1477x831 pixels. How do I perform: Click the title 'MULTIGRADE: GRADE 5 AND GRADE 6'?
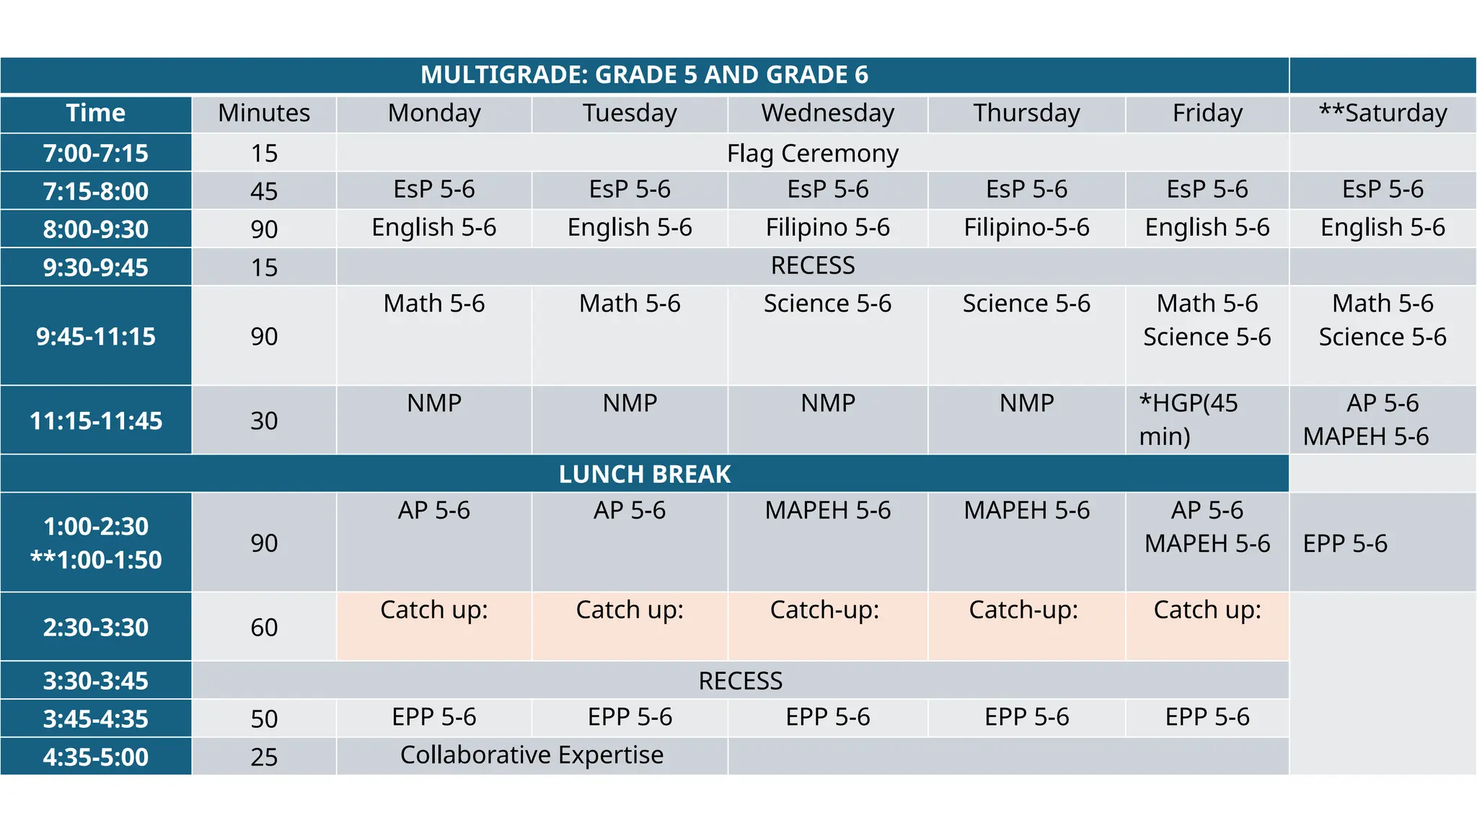point(644,75)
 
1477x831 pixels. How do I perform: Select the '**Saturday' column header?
point(1383,113)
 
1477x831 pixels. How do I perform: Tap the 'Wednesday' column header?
point(827,113)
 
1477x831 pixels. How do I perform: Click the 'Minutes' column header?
point(264,113)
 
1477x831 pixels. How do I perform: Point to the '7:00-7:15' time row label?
point(96,153)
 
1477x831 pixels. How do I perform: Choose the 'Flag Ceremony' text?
point(812,153)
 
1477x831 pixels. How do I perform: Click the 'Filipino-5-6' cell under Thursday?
point(1026,228)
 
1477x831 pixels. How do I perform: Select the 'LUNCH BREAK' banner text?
point(644,474)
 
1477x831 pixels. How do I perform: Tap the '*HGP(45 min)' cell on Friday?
point(1188,419)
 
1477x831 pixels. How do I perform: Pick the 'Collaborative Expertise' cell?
point(532,755)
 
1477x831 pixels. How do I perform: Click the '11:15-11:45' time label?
point(96,421)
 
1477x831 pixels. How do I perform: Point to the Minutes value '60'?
point(264,627)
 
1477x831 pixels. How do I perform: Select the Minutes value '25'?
point(264,757)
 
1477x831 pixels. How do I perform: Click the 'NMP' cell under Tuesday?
point(630,403)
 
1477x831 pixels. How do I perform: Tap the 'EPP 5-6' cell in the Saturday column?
point(1345,543)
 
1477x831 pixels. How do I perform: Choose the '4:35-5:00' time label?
point(96,757)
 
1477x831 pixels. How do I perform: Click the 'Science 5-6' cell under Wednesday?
point(827,304)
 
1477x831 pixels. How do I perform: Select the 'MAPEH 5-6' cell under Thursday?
point(1026,511)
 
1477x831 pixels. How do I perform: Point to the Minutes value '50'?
point(264,718)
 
